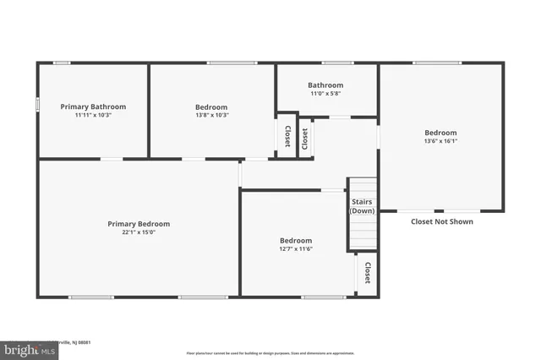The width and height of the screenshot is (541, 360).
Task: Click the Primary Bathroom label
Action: pyautogui.click(x=93, y=106)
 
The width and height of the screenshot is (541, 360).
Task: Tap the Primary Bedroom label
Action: pyautogui.click(x=138, y=224)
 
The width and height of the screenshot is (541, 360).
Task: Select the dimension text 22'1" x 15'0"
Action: pyautogui.click(x=138, y=232)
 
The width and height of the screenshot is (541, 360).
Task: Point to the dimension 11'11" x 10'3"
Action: pyautogui.click(x=93, y=115)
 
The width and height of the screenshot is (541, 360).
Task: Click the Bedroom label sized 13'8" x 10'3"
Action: pyautogui.click(x=211, y=106)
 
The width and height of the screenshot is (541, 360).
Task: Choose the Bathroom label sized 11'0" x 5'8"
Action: pyautogui.click(x=325, y=85)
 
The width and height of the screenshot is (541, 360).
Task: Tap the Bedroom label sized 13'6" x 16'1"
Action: pyautogui.click(x=440, y=133)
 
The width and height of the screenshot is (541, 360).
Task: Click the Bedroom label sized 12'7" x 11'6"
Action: pyautogui.click(x=296, y=241)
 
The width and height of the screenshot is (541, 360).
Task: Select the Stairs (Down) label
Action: pyautogui.click(x=362, y=206)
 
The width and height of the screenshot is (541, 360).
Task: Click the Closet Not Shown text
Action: pyautogui.click(x=441, y=222)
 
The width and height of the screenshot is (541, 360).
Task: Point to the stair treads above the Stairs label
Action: pyautogui.click(x=362, y=188)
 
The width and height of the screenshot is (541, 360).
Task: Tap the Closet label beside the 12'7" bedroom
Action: pyautogui.click(x=368, y=273)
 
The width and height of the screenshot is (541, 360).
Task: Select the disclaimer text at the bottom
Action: pyautogui.click(x=270, y=353)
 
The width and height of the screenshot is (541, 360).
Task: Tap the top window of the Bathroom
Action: pyautogui.click(x=338, y=63)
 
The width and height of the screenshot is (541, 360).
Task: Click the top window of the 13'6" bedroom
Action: pyautogui.click(x=437, y=63)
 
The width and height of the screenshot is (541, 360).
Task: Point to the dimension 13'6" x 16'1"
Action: pyautogui.click(x=440, y=141)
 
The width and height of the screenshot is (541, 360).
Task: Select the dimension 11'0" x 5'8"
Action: pyautogui.click(x=325, y=94)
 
